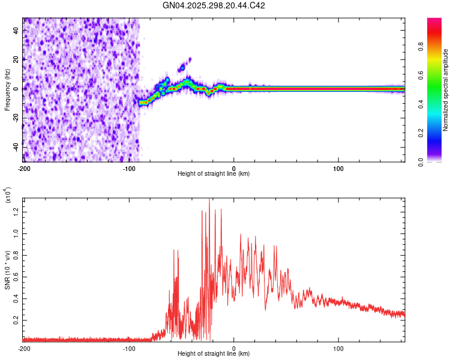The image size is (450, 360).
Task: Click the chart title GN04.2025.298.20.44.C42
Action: tap(214, 5)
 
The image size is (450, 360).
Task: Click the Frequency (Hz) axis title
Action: tap(7, 90)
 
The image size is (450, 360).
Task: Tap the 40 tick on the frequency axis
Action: tap(17, 30)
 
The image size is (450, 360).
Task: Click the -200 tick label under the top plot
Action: tap(24, 167)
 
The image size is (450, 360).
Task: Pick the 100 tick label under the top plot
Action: tap(338, 167)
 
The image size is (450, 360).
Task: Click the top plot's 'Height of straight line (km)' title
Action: tap(214, 174)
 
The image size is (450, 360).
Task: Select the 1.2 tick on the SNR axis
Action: tap(17, 211)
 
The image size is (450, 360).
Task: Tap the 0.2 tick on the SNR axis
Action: tap(17, 321)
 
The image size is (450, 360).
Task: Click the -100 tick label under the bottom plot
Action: tap(129, 348)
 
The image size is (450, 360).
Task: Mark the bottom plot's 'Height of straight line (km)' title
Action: tap(214, 354)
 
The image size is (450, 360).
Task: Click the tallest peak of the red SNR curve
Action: tap(209, 200)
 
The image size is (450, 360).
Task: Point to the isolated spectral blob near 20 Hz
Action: tap(190, 59)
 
